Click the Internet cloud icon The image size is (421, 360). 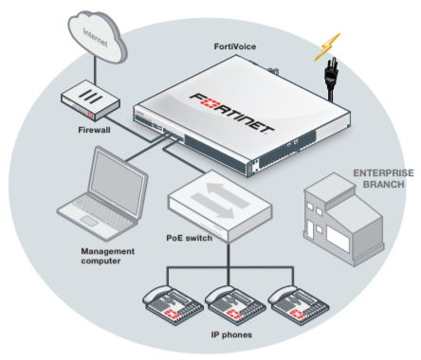pos(97,37)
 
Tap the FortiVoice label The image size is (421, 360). pos(235,46)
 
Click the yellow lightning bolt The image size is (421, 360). pos(327,46)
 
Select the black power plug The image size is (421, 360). pos(331,78)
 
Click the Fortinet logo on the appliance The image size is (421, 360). pos(231,113)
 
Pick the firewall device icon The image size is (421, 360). pos(90,99)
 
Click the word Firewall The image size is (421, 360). pos(94,130)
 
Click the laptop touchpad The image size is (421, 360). pos(89,221)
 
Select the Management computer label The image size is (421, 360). pos(108,256)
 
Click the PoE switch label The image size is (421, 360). pos(189,238)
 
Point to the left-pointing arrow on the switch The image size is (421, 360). pos(228,194)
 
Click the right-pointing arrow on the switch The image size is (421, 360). pos(212,206)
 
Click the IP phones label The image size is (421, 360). pos(231,334)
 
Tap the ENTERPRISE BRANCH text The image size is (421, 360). pos(383,178)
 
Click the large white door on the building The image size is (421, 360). pos(338,238)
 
